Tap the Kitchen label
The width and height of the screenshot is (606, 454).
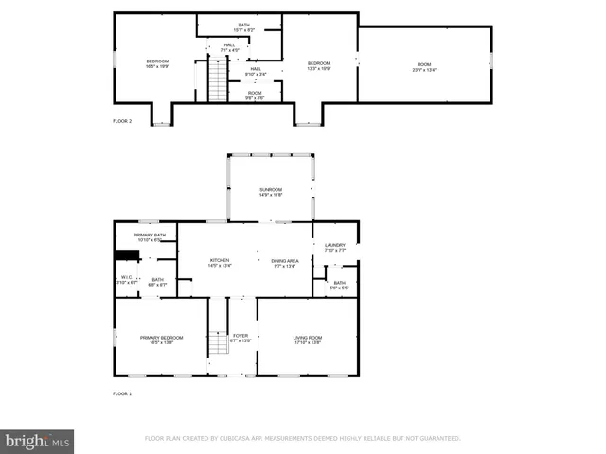click(x=220, y=262)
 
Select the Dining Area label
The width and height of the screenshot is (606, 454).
click(x=284, y=262)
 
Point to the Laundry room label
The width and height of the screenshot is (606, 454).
click(x=335, y=247)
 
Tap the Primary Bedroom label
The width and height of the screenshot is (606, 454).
click(x=162, y=340)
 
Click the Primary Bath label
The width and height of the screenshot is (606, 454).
click(x=150, y=236)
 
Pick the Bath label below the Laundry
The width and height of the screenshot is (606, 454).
click(x=339, y=284)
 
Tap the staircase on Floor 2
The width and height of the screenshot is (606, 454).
click(x=219, y=79)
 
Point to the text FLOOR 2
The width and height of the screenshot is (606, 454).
click(x=122, y=121)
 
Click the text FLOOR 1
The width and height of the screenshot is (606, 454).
click(x=122, y=393)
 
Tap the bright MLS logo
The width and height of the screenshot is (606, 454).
click(x=38, y=441)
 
